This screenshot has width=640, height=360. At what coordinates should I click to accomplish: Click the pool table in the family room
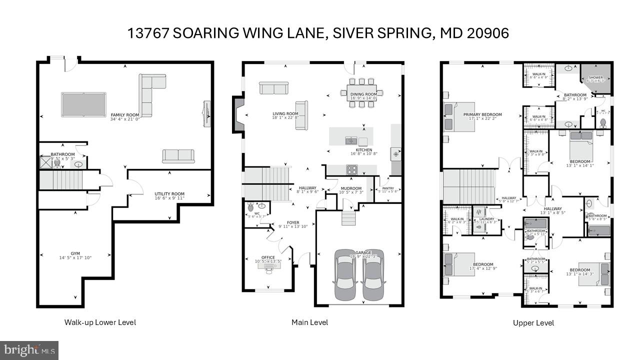(x=83, y=104)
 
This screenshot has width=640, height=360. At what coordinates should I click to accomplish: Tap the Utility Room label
(x=169, y=194)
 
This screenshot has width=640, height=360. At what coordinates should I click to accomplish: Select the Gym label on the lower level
(x=75, y=254)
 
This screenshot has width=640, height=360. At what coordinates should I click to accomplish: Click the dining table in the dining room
(x=364, y=93)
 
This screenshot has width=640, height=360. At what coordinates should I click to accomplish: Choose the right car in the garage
(x=373, y=275)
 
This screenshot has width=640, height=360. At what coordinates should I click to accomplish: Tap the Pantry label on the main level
(x=388, y=188)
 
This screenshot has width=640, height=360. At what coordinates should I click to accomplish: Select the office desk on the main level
(x=268, y=265)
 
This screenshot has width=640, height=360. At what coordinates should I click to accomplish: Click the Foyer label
(x=292, y=223)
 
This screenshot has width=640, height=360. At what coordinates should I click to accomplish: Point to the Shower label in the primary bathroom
(x=595, y=78)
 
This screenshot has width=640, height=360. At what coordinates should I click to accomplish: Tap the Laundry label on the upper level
(x=486, y=219)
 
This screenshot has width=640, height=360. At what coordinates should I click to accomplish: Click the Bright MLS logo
(x=29, y=349)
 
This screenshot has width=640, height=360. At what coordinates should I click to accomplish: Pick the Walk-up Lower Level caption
(x=100, y=322)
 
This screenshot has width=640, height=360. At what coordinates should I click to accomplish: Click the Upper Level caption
(x=533, y=323)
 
